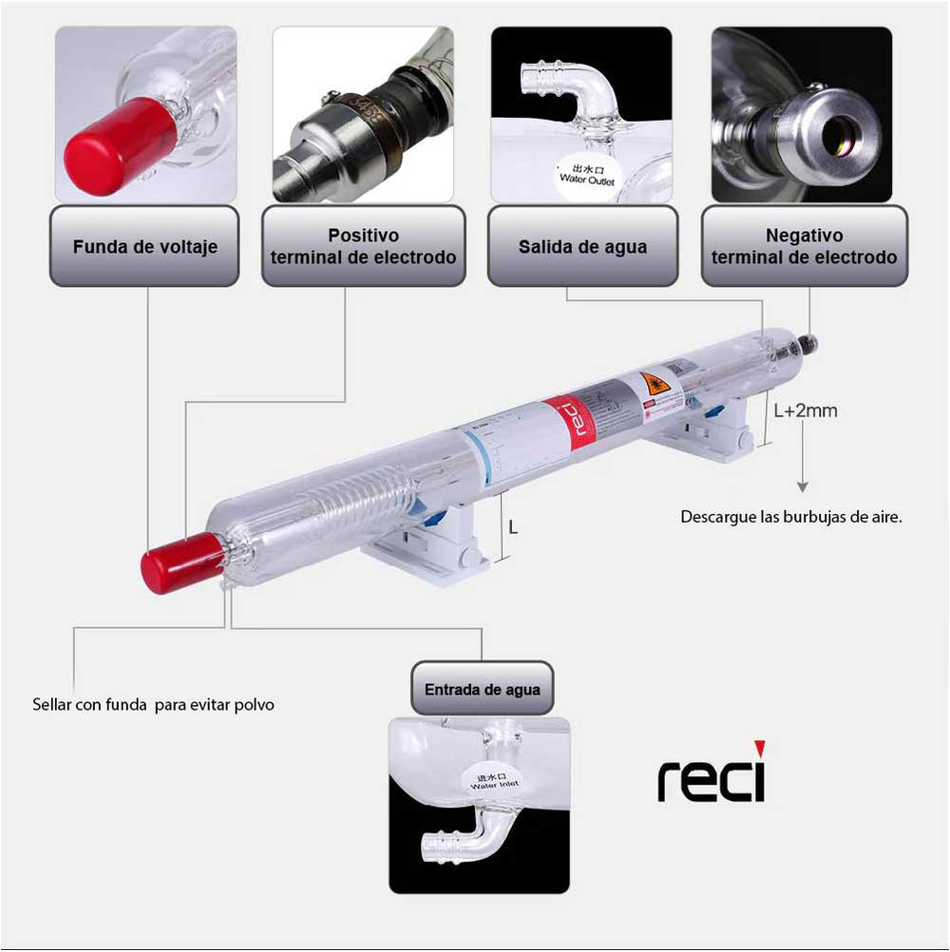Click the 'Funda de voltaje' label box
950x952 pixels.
click(x=144, y=246)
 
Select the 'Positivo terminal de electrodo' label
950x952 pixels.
click(x=363, y=246)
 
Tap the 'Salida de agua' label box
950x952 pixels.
click(x=582, y=246)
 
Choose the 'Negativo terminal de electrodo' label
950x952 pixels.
click(x=804, y=246)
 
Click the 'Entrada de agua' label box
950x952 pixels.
click(x=482, y=689)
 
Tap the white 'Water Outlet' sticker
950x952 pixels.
click(x=585, y=177)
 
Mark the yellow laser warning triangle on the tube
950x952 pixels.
click(x=652, y=384)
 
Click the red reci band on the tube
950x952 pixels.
click(x=580, y=419)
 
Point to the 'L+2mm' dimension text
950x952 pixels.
click(x=805, y=411)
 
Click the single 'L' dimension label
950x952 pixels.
click(x=514, y=526)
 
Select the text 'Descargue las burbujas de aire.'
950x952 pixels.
click(x=790, y=518)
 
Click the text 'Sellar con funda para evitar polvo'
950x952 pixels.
click(x=153, y=706)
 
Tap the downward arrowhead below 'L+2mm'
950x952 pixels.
click(x=803, y=486)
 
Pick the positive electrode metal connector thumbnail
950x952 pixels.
click(x=363, y=114)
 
